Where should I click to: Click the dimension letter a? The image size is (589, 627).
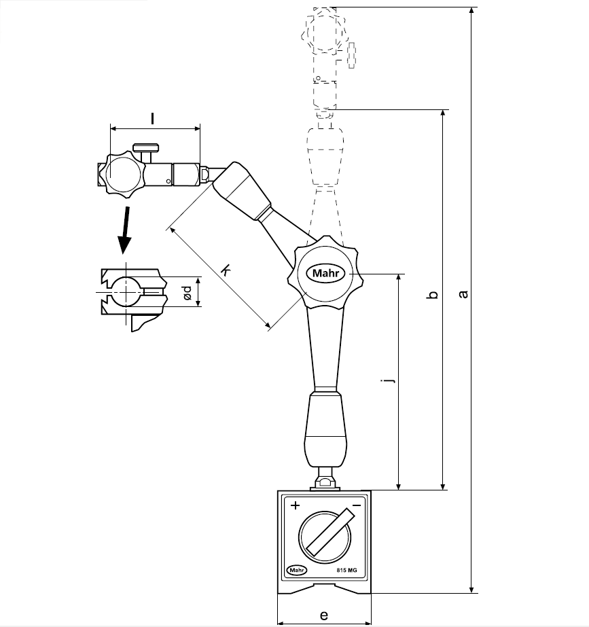click(463, 293)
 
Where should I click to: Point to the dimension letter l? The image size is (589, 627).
click(153, 118)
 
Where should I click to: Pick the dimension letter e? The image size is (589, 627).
click(324, 615)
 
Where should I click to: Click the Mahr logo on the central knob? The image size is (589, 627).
click(329, 273)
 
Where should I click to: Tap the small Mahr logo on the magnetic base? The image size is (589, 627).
click(296, 570)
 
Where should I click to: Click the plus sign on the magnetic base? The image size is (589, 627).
click(295, 506)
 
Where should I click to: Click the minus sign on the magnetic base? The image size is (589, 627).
click(356, 506)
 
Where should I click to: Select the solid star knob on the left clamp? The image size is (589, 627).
click(123, 175)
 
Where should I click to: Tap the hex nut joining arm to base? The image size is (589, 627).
click(324, 483)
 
